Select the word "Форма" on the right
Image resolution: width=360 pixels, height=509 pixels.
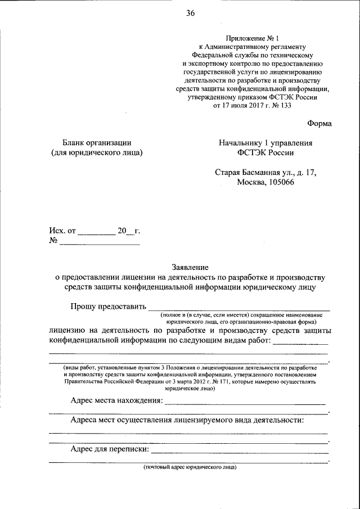pos(319,123)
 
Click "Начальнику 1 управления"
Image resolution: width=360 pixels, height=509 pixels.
pos(265,143)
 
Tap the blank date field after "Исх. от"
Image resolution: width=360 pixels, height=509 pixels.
pos(96,231)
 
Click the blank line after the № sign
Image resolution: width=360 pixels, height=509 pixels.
pos(100,242)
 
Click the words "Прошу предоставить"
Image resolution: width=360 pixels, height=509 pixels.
pos(107,306)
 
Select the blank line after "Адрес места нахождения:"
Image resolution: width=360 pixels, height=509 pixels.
pos(246,403)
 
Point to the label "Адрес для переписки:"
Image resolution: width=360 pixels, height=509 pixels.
pos(110,449)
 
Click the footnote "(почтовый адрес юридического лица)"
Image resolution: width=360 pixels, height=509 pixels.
pos(190,467)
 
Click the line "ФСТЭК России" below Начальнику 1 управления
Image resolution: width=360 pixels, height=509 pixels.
pos(265,152)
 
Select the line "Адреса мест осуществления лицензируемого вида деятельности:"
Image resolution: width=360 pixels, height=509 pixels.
pos(188,420)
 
